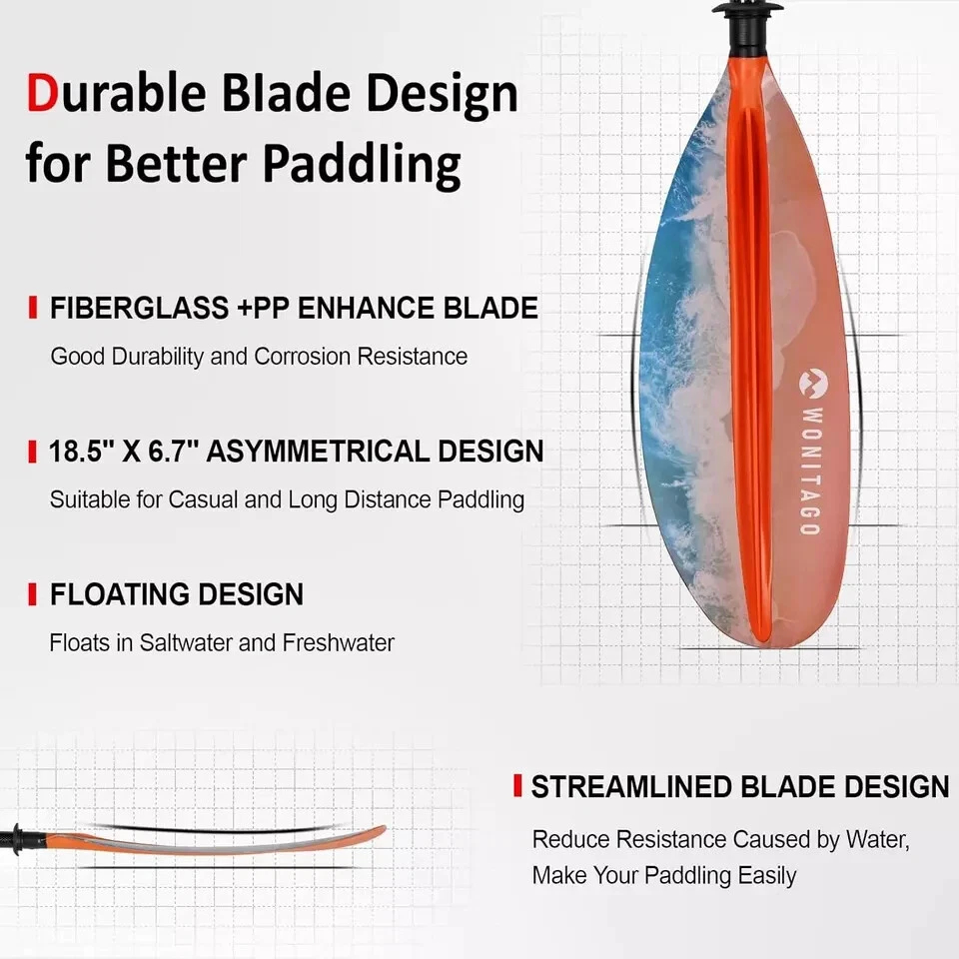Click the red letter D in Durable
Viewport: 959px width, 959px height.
(42, 93)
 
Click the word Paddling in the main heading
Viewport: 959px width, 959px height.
(362, 165)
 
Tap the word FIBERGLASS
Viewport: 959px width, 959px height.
(140, 308)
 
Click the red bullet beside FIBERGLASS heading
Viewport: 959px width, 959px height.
(32, 308)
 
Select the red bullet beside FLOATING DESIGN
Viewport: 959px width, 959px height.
(32, 594)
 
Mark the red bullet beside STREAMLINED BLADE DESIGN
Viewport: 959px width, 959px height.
(517, 786)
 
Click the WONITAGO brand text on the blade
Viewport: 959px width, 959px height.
(811, 471)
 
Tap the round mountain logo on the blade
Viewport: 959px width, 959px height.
(813, 383)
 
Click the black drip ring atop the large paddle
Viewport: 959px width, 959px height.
(746, 7)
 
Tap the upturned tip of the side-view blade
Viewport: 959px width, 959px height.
(382, 830)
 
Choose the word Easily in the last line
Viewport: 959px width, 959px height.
(767, 876)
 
